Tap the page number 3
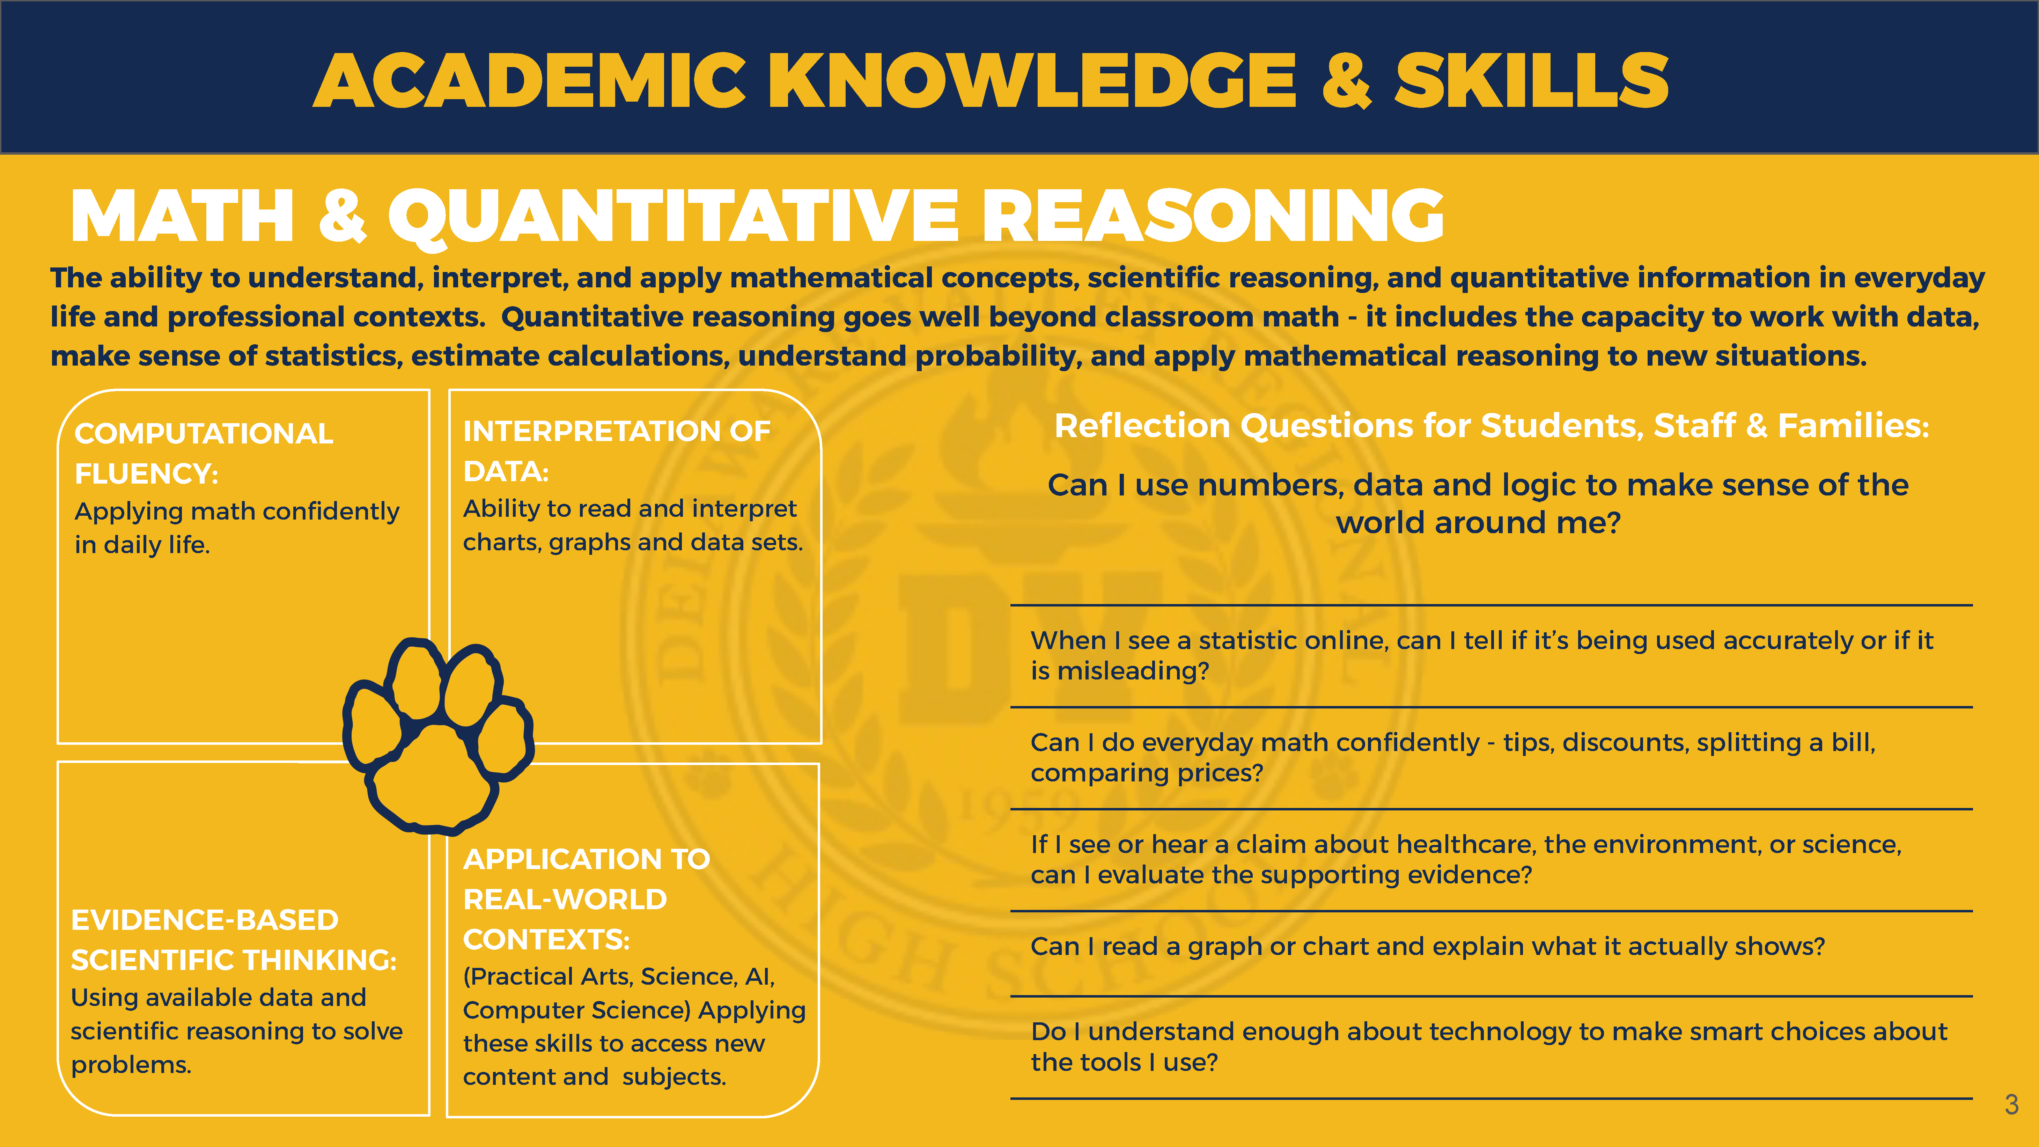(x=2011, y=1104)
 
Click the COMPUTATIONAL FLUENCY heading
(x=204, y=453)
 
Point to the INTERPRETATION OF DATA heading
(x=617, y=450)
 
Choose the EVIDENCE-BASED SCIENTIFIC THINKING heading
(x=234, y=940)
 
